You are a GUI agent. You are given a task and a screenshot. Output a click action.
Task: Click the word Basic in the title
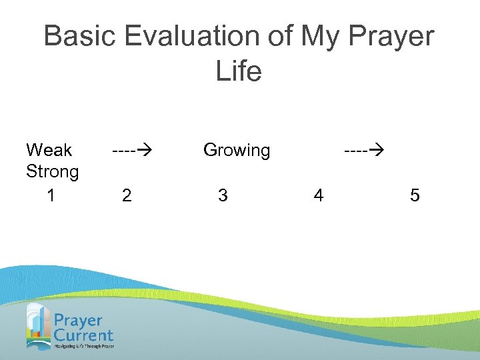click(75, 37)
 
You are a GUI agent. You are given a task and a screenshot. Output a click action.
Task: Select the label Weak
click(49, 150)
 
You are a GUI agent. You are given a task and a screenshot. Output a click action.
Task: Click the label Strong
click(52, 172)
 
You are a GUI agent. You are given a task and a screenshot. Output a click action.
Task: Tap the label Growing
click(237, 151)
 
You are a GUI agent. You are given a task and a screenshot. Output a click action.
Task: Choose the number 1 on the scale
click(51, 195)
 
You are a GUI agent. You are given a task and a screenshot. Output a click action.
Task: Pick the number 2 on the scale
click(127, 195)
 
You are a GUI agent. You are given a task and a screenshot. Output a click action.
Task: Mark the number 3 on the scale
click(223, 195)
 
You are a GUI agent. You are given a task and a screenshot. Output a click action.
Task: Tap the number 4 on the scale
click(319, 195)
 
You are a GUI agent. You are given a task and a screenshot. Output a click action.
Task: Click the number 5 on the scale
click(415, 195)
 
